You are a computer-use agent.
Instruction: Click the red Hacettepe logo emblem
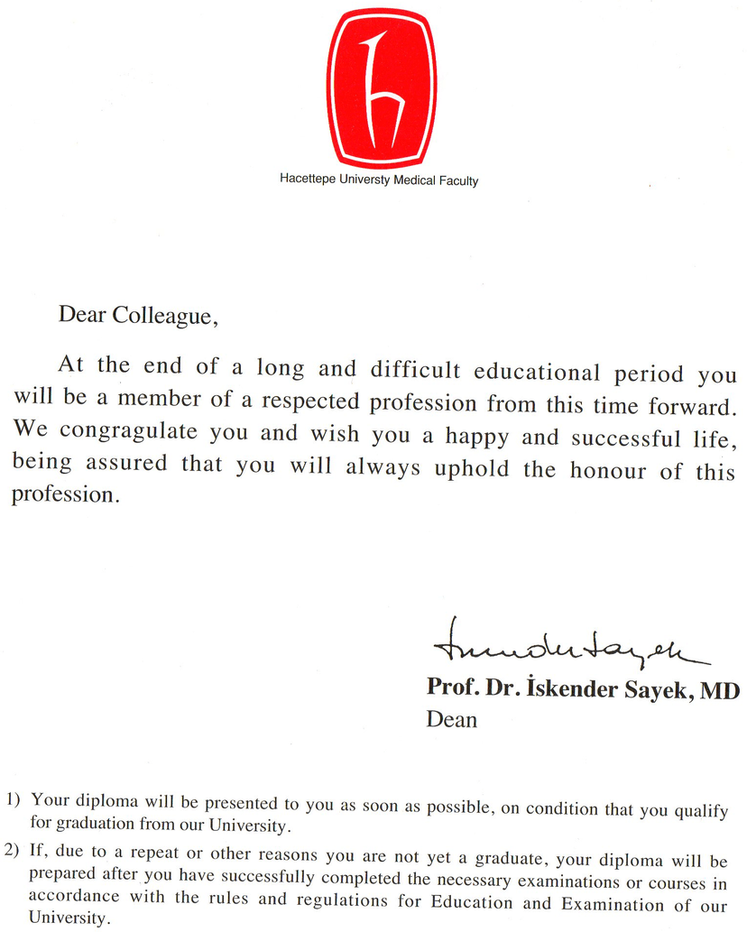[381, 88]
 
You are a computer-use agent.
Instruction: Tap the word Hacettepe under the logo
[309, 180]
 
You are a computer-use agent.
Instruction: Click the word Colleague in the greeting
[164, 315]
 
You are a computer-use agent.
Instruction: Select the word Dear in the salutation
[82, 314]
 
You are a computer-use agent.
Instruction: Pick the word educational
[537, 372]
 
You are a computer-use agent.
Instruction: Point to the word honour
[612, 470]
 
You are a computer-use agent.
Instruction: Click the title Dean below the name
[451, 719]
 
